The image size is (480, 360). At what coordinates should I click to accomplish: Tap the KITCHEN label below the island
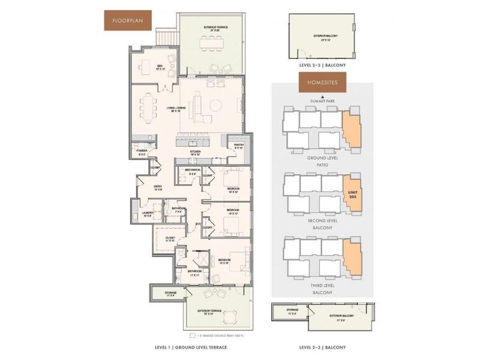tap(195, 153)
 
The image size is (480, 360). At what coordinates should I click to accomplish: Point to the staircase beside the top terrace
tap(166, 38)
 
